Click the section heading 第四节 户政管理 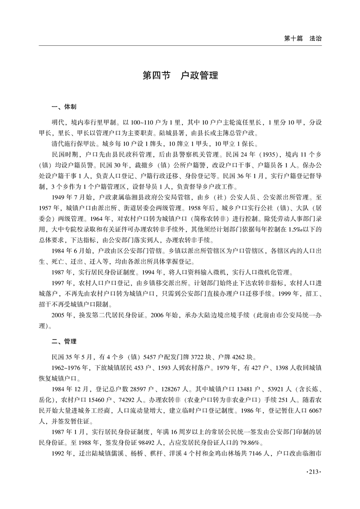[x=180, y=75]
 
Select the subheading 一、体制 [x=64, y=107]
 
